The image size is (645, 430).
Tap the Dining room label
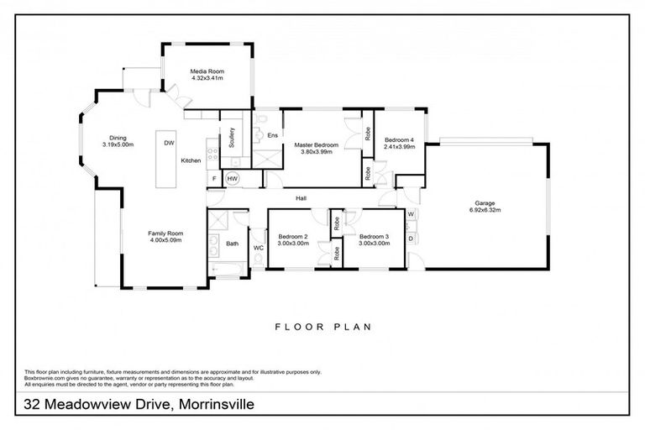click(118, 139)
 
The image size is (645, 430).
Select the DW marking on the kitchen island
click(169, 143)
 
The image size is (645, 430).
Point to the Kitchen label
click(191, 160)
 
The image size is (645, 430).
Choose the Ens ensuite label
click(273, 135)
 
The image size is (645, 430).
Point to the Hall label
click(300, 198)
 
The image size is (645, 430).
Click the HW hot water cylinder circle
click(233, 179)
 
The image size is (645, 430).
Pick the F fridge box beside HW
click(215, 179)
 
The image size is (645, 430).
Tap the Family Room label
click(165, 233)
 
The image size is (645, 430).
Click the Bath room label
click(232, 244)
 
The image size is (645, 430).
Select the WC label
click(259, 248)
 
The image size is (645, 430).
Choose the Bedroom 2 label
click(293, 237)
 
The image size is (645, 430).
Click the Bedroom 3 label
click(373, 237)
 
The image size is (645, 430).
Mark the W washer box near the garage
click(411, 215)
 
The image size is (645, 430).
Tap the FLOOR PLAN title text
click(322, 327)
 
